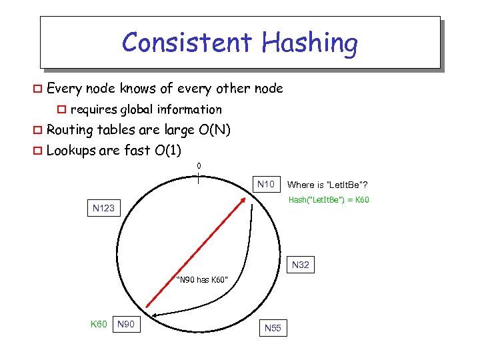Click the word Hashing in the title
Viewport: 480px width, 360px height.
[310, 44]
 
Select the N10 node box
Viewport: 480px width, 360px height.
[266, 184]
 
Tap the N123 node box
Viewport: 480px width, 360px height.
[103, 208]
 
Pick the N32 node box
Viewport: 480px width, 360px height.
[301, 265]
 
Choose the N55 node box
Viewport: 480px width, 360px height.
[273, 328]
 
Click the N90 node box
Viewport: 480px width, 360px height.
[126, 325]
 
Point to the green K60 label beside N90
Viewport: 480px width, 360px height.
[99, 325]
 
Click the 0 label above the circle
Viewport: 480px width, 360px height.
[199, 165]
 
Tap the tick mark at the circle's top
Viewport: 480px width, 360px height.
[199, 177]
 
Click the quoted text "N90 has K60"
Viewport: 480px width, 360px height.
[203, 279]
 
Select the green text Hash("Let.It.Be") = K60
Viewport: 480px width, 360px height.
[329, 200]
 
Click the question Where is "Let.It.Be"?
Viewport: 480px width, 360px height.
[327, 185]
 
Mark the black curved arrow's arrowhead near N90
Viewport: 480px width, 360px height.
[153, 315]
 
